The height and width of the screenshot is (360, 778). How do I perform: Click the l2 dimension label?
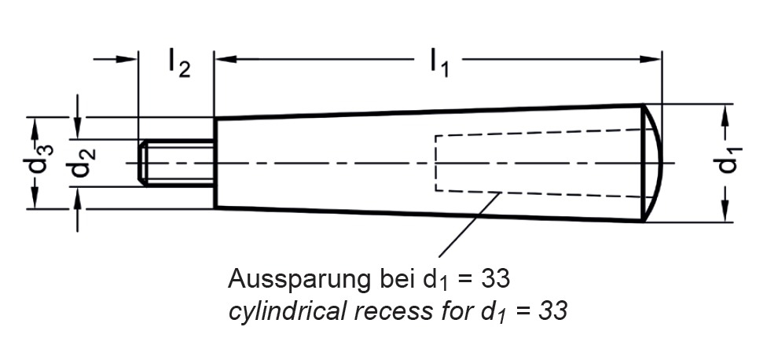coord(178,64)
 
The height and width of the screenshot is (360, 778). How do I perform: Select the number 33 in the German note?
coord(496,278)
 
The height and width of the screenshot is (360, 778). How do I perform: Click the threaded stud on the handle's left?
coord(177,163)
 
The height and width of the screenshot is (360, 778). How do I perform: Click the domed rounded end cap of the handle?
coord(654,163)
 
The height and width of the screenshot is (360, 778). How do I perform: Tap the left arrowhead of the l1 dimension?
coord(223,58)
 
